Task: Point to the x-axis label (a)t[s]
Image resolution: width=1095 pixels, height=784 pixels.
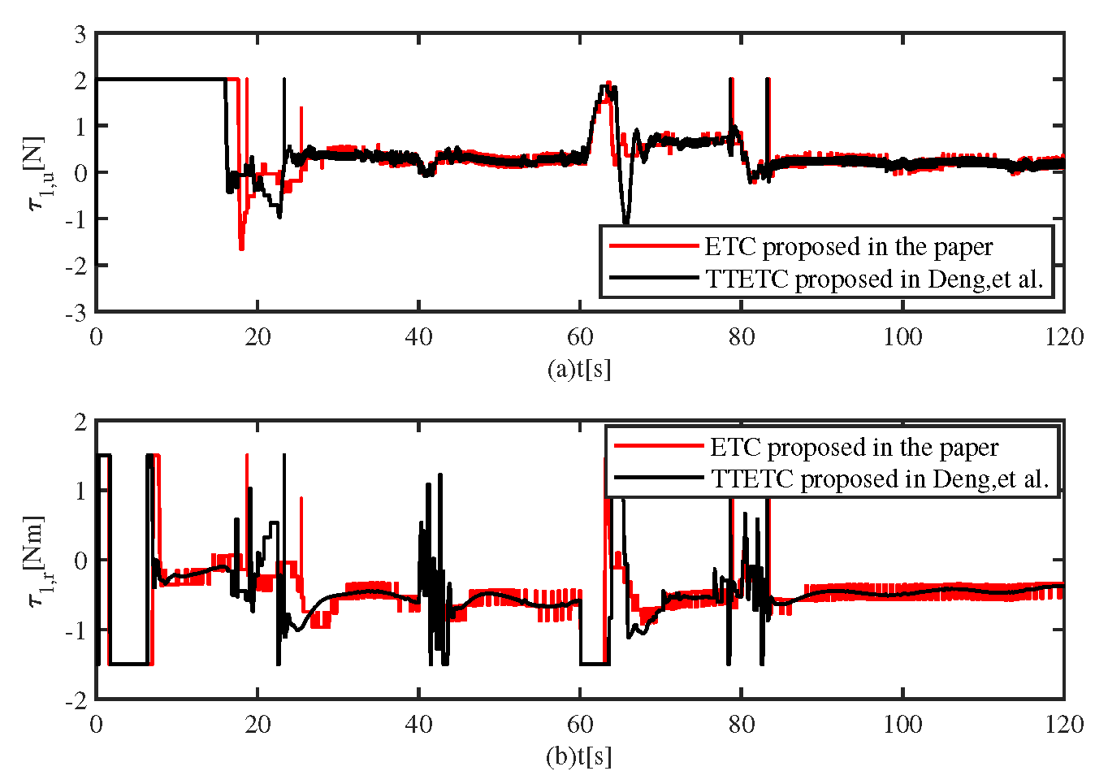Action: pos(579,369)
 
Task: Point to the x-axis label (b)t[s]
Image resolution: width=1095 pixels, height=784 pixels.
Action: pos(579,756)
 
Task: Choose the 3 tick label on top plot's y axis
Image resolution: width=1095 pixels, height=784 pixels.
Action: pos(80,34)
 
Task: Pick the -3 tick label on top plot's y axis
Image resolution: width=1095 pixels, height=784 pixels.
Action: pos(76,312)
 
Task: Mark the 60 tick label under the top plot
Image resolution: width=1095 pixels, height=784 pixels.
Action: pos(580,336)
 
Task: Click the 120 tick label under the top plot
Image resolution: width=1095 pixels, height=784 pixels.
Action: pos(1063,336)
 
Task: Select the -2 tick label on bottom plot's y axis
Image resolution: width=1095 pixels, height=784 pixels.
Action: pos(76,700)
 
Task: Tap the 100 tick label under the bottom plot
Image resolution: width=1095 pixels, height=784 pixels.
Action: pos(902,724)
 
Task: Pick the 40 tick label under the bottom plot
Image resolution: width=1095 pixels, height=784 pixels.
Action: pos(418,724)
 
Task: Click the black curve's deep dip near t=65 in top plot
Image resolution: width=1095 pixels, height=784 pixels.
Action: pos(625,221)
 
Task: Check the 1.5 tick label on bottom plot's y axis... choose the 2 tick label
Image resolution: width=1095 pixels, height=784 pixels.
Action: pos(80,421)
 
